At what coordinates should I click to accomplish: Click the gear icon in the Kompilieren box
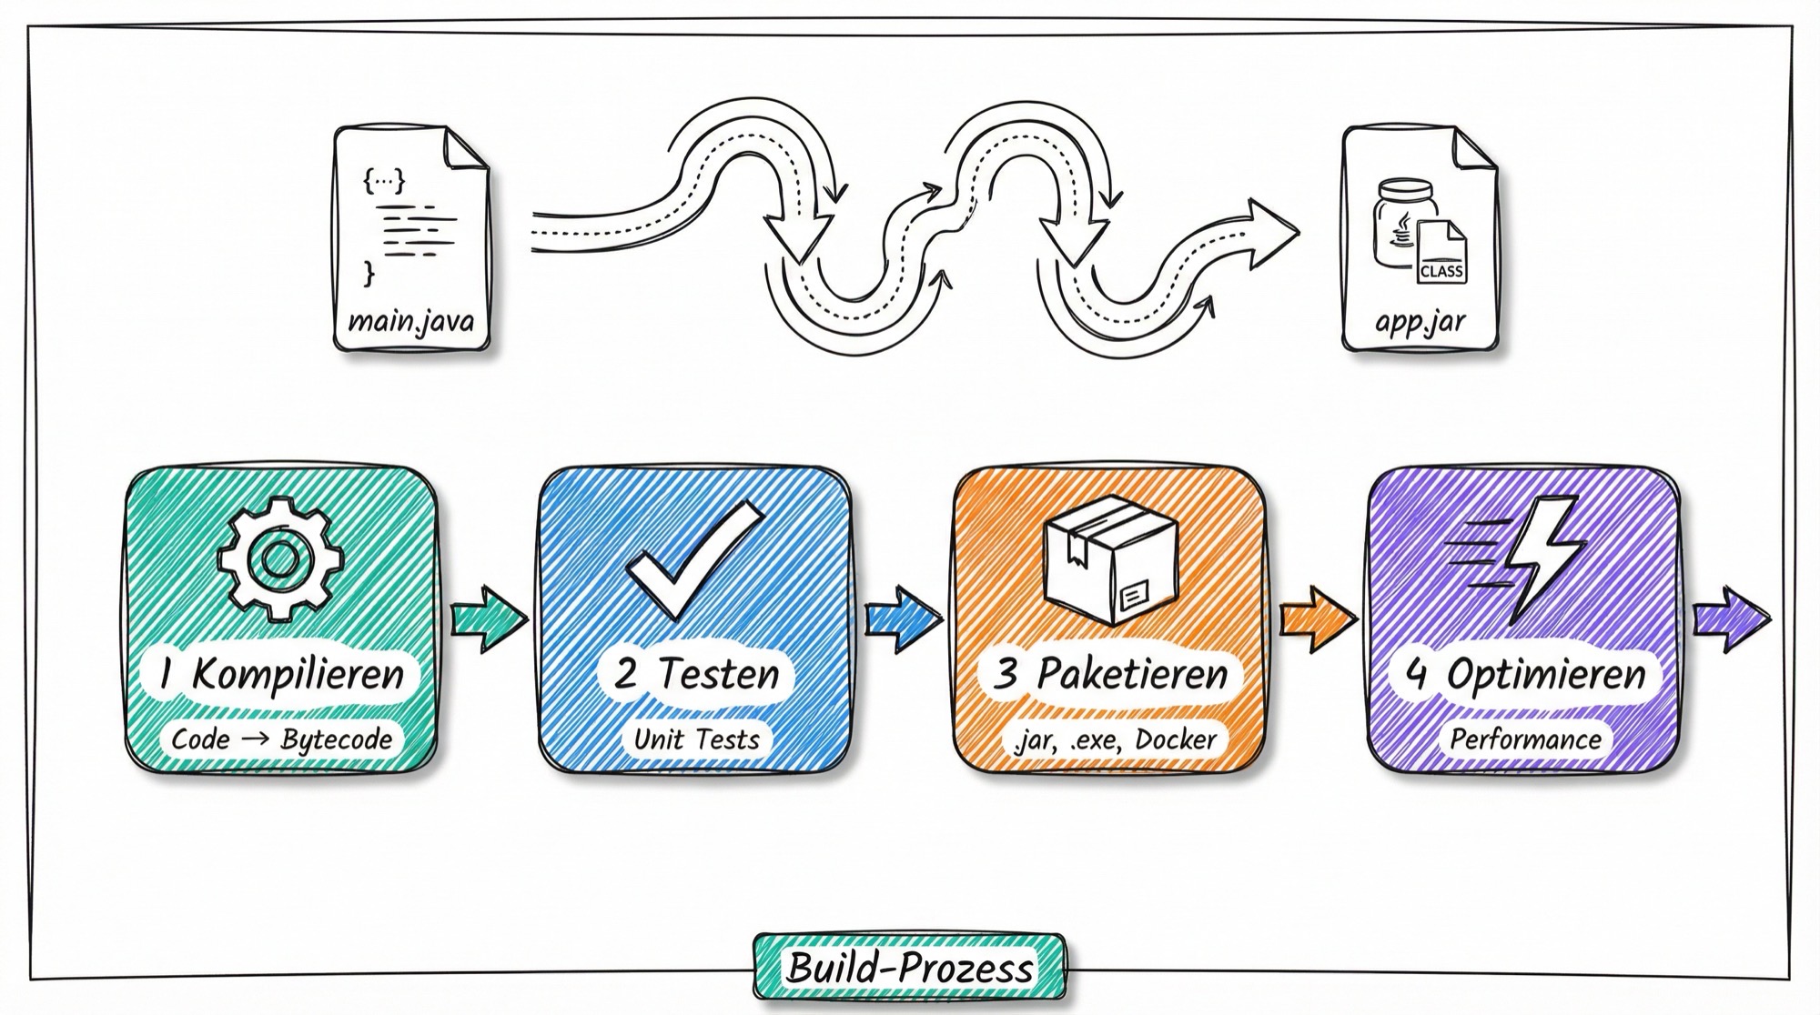(280, 559)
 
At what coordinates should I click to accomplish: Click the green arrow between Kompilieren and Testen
(490, 618)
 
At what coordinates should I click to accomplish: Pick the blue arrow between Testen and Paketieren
(904, 618)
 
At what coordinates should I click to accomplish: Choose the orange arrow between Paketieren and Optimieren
(1319, 618)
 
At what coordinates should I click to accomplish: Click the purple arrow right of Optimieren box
(1732, 618)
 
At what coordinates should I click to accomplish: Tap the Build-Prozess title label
(909, 967)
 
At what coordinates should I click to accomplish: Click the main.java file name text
(411, 322)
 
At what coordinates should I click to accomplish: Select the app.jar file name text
(1420, 322)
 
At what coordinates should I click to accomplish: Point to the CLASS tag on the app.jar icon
(1441, 271)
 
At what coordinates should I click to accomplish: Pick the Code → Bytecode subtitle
(281, 739)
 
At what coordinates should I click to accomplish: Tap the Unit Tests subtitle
(696, 739)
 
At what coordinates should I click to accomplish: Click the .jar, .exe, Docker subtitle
(1114, 739)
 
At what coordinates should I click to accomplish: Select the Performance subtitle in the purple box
(1525, 739)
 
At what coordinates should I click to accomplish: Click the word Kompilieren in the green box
(298, 675)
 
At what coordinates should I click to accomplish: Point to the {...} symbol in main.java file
(384, 181)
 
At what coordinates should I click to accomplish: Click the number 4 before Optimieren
(1416, 675)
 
